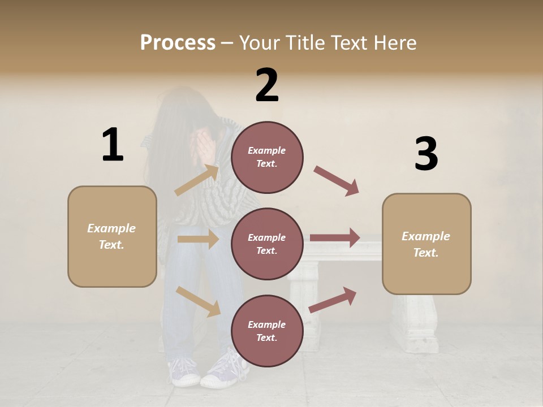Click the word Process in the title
pos(178,43)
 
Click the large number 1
pos(113,145)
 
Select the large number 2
pos(267,85)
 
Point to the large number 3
pos(426,154)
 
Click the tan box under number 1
pos(112,236)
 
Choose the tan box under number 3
pos(426,244)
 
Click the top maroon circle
pos(267,157)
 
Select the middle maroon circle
pos(267,244)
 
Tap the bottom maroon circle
pos(267,331)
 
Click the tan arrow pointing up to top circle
pos(197,180)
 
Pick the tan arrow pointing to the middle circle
pos(198,239)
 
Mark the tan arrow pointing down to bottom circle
pos(199,301)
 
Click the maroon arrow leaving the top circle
pos(337,181)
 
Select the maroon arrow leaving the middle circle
pos(335,237)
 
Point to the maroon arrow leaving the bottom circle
pos(333,300)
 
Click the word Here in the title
pos(395,43)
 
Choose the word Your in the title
pos(258,43)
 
